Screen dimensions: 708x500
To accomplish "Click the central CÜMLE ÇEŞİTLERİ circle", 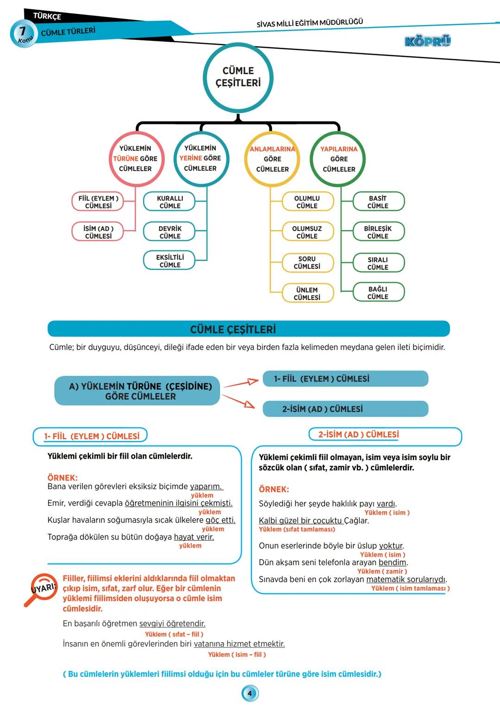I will pyautogui.click(x=238, y=77).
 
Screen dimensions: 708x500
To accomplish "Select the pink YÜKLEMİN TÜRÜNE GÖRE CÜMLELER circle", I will pyautogui.click(x=136, y=159).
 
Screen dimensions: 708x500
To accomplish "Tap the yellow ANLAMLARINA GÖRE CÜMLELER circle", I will pyautogui.click(x=272, y=159).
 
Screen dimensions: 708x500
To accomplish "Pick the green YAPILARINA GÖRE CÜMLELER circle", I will pyautogui.click(x=339, y=159).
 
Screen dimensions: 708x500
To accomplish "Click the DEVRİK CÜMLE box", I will pyautogui.click(x=169, y=232).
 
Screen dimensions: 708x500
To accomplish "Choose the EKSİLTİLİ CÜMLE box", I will pyautogui.click(x=169, y=261).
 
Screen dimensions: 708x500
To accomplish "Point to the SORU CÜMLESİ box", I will pyautogui.click(x=307, y=262).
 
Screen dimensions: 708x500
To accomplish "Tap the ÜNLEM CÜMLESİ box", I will pyautogui.click(x=307, y=293).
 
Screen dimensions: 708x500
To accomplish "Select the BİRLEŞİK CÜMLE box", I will pyautogui.click(x=378, y=232).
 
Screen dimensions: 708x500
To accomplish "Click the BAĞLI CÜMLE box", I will pyautogui.click(x=378, y=293).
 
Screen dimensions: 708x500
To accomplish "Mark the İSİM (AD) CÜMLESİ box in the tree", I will pyautogui.click(x=98, y=232).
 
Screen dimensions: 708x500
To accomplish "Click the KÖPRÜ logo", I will pyautogui.click(x=427, y=41).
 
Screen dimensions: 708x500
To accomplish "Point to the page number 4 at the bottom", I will pyautogui.click(x=250, y=694).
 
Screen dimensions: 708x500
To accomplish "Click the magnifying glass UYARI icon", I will pyautogui.click(x=42, y=588).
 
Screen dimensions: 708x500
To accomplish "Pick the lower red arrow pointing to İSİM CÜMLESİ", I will pyautogui.click(x=239, y=401).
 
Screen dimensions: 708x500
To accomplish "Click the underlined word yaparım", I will pyautogui.click(x=206, y=486).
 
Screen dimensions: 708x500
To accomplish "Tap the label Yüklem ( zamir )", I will pyautogui.click(x=382, y=571).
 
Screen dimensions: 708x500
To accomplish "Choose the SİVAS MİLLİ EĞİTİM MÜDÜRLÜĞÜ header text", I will pyautogui.click(x=310, y=23).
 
